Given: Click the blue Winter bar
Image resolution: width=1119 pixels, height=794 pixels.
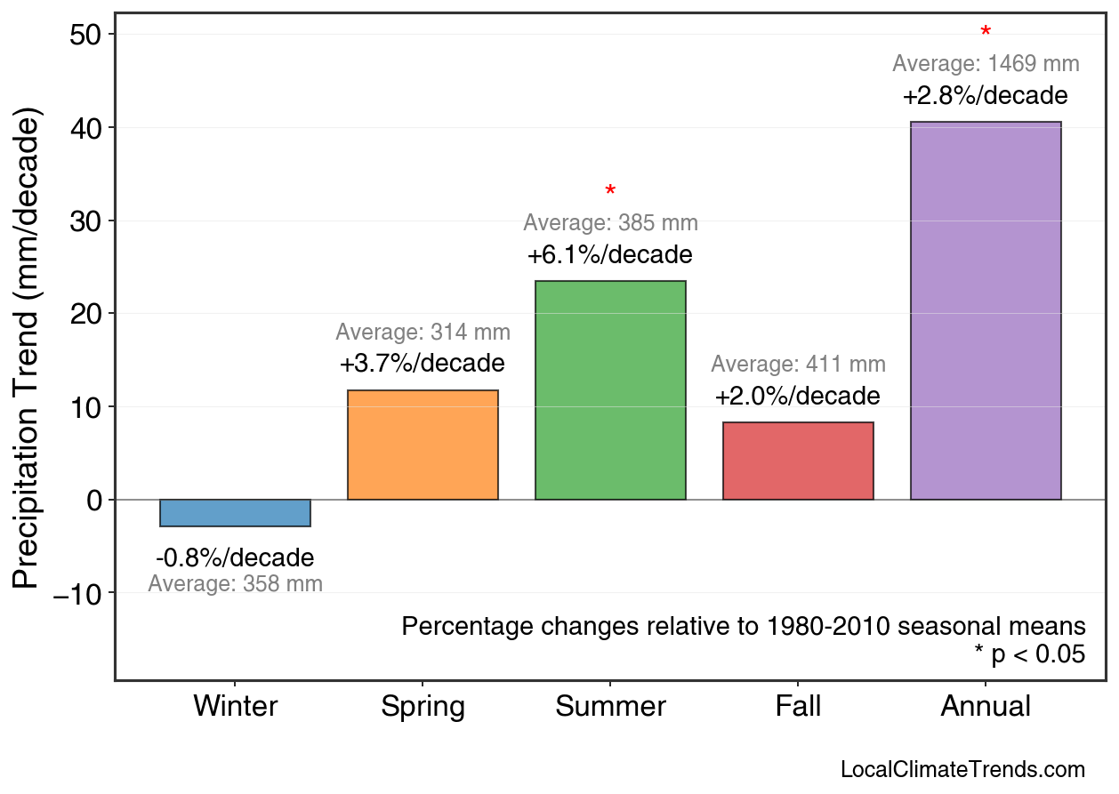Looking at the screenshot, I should [235, 513].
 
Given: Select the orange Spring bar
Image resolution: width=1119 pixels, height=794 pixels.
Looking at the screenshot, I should [423, 445].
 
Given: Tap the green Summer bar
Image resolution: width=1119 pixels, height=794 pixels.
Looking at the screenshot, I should [610, 390].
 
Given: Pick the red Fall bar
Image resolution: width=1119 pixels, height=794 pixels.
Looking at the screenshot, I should [798, 461].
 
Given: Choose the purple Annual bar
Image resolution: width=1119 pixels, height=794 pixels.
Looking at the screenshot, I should [986, 311].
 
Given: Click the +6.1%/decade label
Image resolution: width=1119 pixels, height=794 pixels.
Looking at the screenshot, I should [610, 256].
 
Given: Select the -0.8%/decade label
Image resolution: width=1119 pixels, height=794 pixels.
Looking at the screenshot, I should [235, 558].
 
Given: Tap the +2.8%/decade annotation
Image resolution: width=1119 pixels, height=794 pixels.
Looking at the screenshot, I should [986, 96].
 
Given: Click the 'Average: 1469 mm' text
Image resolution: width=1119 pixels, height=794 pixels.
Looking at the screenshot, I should [986, 64].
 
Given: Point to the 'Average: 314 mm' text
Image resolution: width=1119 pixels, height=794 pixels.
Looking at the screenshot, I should [423, 333].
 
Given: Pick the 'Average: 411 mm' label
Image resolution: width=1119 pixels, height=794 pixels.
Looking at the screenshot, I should [798, 365].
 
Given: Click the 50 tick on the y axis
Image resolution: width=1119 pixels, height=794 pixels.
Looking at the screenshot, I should [86, 35].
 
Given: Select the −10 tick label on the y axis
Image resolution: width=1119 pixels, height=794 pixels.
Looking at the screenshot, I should [80, 593].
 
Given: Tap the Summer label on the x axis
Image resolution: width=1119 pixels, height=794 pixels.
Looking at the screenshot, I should [610, 707].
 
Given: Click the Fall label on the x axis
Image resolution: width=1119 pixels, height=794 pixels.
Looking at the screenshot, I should [798, 707].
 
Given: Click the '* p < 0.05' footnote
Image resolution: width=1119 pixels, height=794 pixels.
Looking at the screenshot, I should [1030, 655].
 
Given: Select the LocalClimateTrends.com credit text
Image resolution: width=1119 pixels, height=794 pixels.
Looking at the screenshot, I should [962, 770].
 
